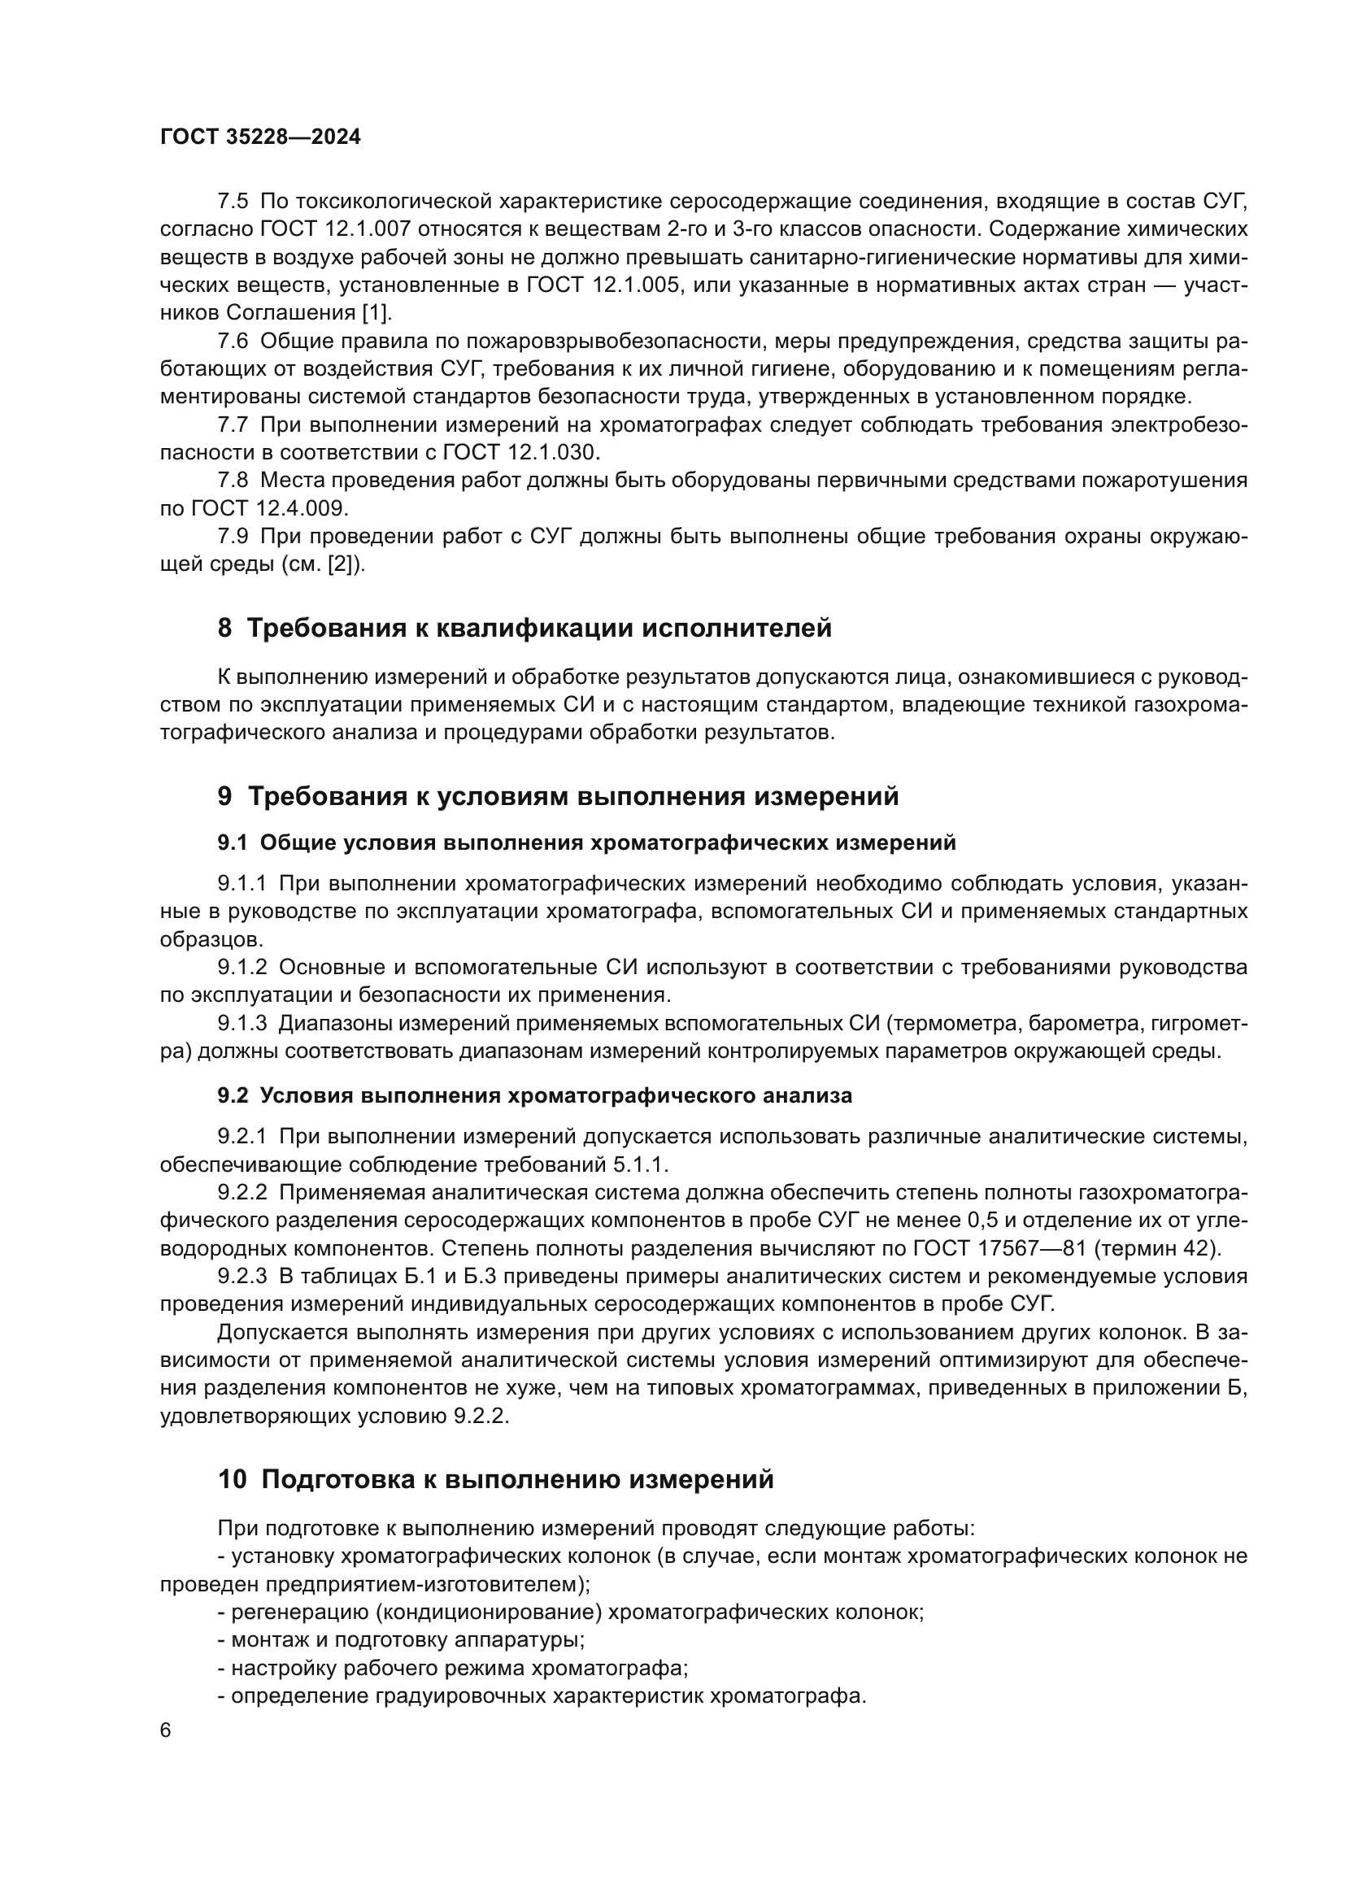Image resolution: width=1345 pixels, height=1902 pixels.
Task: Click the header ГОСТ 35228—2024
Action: click(260, 137)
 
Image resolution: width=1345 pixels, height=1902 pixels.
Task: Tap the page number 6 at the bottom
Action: click(166, 1730)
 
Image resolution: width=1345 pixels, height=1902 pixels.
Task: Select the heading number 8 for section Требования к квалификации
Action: click(224, 628)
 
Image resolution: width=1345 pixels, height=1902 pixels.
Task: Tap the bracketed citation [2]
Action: click(342, 565)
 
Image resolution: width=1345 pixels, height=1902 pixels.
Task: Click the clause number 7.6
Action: click(233, 341)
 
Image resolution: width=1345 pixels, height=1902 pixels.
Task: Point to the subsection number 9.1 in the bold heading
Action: click(233, 842)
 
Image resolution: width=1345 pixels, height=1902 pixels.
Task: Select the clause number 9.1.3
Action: click(242, 1023)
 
